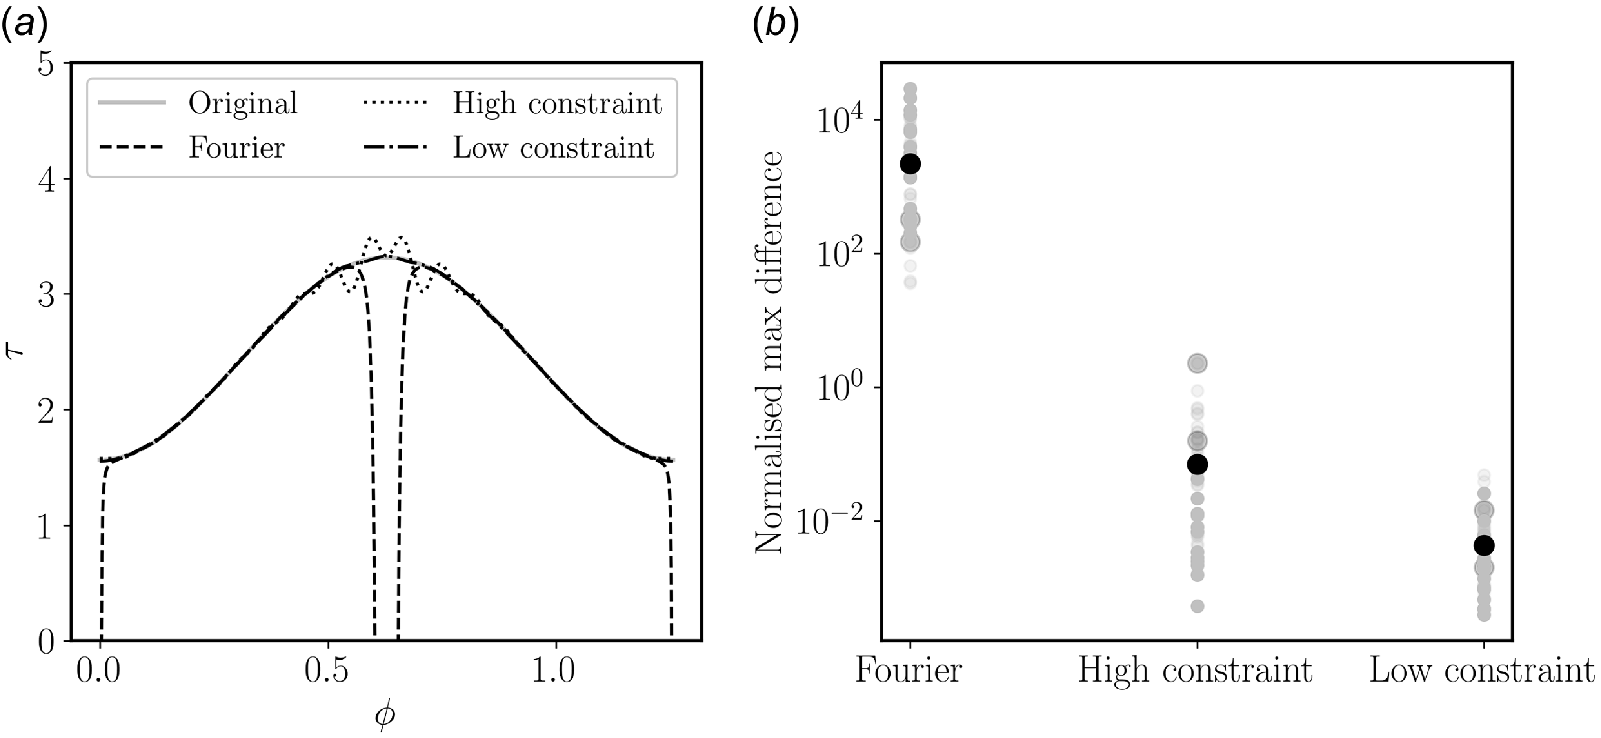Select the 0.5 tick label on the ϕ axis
pos(328,672)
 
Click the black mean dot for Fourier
pos(910,164)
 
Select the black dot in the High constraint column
pos(1197,464)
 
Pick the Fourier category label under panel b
pos(908,671)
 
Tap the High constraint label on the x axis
pos(1194,671)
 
